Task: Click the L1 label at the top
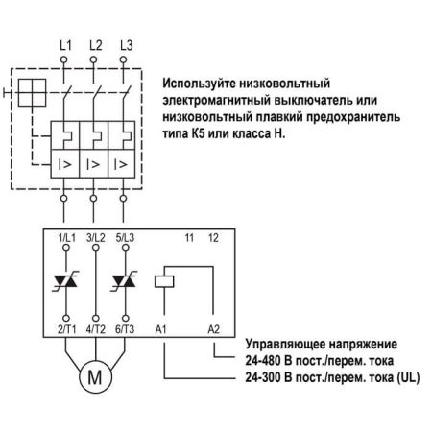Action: [65, 45]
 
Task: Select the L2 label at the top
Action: [96, 45]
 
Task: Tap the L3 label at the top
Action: [127, 45]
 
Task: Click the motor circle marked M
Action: [95, 376]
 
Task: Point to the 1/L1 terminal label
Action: [66, 238]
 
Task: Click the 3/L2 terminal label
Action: [95, 238]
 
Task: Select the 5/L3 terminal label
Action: [125, 238]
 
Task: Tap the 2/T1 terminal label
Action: [67, 329]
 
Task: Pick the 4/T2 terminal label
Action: [95, 329]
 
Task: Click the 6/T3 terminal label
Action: [125, 329]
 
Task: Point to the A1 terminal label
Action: [161, 329]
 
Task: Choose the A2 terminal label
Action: [213, 329]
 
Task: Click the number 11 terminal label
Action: [189, 238]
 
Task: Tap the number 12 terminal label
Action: [213, 238]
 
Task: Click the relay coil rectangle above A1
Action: [164, 281]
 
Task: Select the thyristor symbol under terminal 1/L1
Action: [66, 281]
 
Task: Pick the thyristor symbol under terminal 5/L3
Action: [125, 281]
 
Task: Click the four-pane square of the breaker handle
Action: [32, 93]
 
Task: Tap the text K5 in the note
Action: [199, 133]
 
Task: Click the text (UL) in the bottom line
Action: [408, 377]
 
